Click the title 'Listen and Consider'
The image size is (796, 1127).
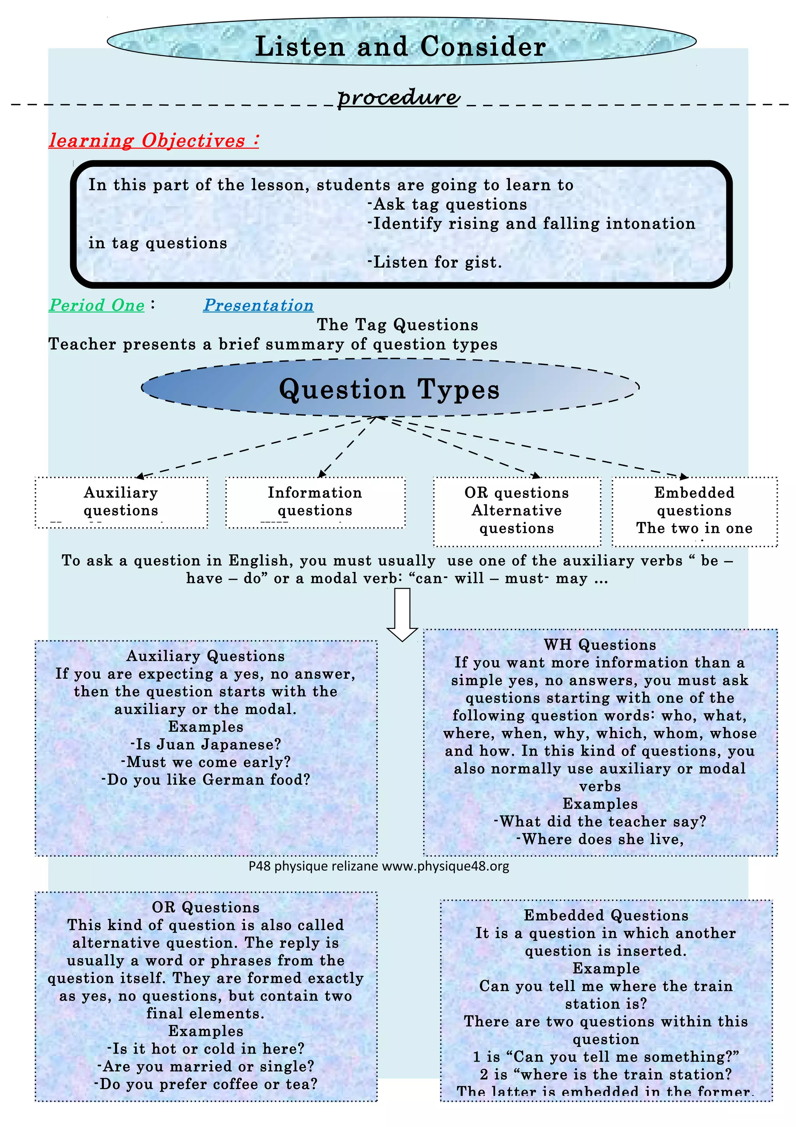401,46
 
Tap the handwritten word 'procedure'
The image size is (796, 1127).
398,97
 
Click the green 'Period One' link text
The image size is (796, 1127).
97,305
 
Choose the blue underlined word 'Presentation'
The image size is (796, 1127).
258,305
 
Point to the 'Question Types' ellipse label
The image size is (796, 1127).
389,389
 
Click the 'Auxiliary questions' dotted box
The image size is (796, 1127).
121,502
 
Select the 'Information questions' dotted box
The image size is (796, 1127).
315,502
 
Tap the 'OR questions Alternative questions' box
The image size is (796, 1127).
517,511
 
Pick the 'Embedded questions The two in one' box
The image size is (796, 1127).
694,511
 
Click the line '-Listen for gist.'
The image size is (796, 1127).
435,262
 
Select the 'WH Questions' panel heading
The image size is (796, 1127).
600,644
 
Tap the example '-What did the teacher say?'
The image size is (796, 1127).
600,822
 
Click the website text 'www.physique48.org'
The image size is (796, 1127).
445,866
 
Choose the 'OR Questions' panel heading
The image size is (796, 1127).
206,907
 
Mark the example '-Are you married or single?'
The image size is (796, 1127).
206,1066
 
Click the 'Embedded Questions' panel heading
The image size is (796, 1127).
606,915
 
